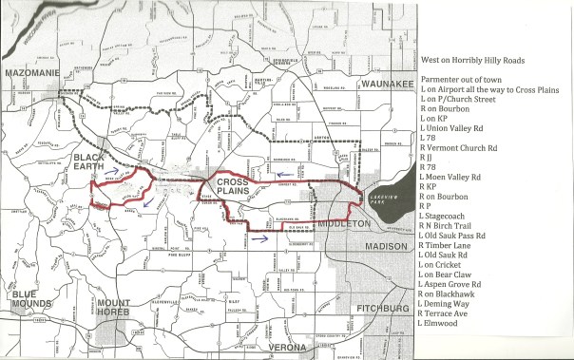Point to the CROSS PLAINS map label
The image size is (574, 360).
pos(232,184)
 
